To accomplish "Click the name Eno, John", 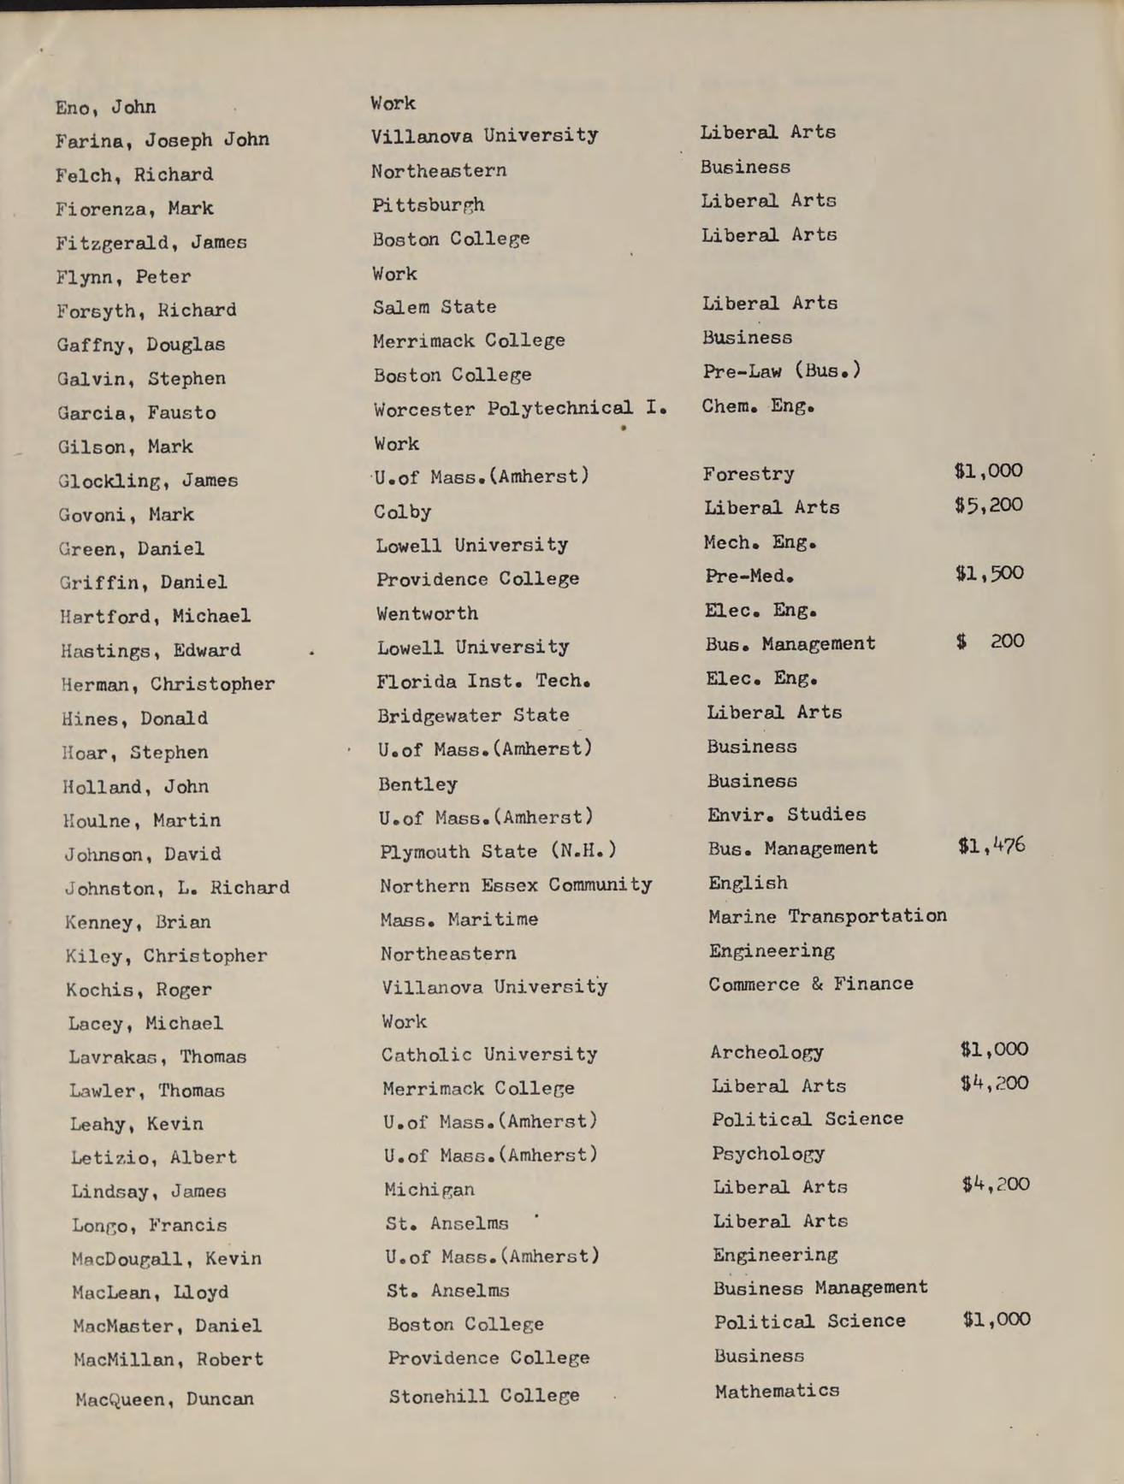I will [105, 108].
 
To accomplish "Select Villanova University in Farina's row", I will [484, 136].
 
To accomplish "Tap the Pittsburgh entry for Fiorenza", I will [428, 205].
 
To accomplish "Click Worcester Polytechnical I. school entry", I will [520, 409].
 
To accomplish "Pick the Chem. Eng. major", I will [758, 406].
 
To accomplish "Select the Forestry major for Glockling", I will [748, 474].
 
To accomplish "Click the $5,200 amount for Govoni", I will [988, 506].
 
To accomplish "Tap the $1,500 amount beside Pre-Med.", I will [989, 574].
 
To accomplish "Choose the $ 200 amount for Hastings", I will [990, 641].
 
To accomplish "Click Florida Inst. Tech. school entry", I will [483, 682].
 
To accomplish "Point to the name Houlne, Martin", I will [142, 821].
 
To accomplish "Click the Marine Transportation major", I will [827, 916].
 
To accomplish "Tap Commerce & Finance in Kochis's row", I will [810, 984].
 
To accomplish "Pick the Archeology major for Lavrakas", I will [766, 1053].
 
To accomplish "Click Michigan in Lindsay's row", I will [429, 1190].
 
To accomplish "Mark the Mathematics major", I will [777, 1392].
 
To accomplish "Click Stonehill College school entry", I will [484, 1397].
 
